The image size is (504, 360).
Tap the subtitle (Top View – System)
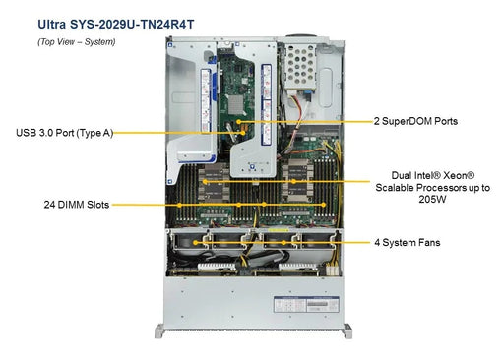click(x=76, y=41)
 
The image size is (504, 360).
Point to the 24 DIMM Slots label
click(x=76, y=205)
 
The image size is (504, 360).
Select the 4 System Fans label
click(x=407, y=242)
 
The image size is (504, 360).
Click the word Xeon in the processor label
click(x=453, y=174)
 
